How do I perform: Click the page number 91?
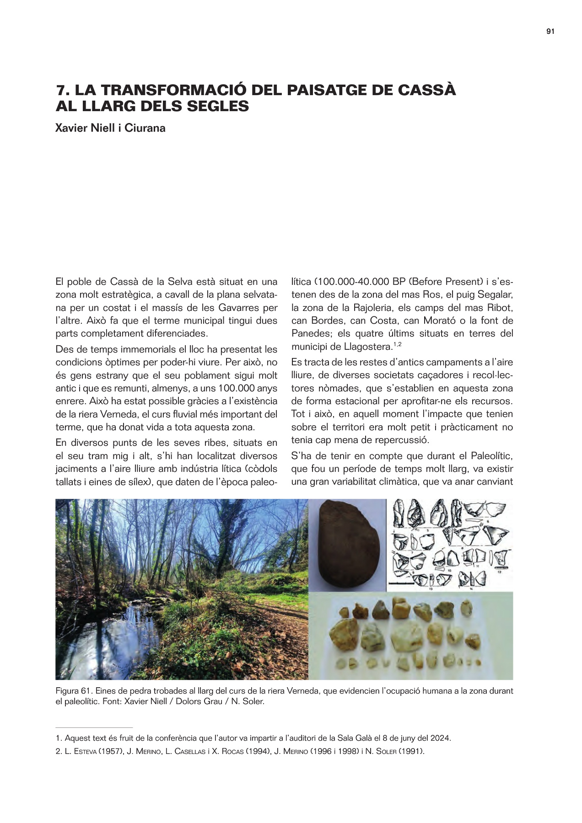pyautogui.click(x=550, y=32)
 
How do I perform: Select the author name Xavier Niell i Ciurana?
pyautogui.click(x=110, y=128)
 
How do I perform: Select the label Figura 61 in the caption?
pyautogui.click(x=74, y=691)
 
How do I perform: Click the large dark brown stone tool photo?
pyautogui.click(x=347, y=544)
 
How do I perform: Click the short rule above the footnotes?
pyautogui.click(x=94, y=727)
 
